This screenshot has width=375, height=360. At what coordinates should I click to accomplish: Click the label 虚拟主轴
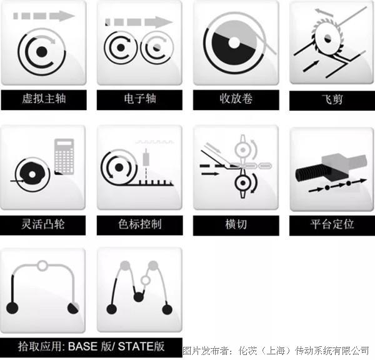[44, 99]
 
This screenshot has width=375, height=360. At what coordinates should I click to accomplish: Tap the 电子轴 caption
[140, 99]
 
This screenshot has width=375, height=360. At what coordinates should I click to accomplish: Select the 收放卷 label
[236, 99]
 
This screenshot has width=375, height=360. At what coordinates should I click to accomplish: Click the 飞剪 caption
[332, 99]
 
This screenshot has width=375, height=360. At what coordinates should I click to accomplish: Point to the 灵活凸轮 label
[42, 224]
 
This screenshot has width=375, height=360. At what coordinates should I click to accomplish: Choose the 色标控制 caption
[139, 224]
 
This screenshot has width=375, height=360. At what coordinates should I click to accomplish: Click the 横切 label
[236, 224]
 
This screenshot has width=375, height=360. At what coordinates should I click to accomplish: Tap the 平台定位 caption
[332, 224]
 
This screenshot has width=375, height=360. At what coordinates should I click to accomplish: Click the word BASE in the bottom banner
[82, 346]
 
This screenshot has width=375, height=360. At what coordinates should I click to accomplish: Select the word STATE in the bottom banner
[136, 346]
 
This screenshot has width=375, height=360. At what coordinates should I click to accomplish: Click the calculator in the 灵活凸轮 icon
[64, 156]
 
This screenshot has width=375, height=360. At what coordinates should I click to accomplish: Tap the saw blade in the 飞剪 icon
[327, 37]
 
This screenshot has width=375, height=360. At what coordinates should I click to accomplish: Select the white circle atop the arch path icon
[42, 266]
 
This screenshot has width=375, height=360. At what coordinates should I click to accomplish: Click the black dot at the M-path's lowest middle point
[138, 297]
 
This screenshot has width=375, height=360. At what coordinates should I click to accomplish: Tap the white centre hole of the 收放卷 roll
[234, 42]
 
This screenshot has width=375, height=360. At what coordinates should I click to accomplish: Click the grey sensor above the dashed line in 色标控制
[146, 158]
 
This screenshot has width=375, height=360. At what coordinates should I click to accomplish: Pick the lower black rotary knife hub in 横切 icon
[243, 183]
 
